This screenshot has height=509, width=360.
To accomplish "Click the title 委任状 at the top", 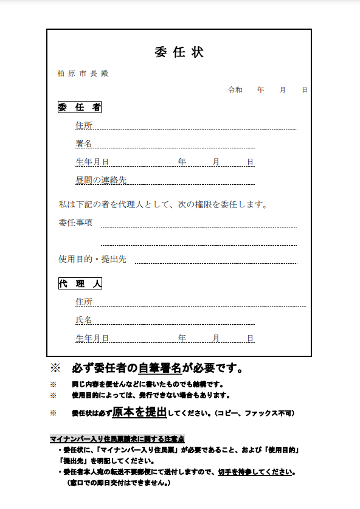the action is [x=179, y=52].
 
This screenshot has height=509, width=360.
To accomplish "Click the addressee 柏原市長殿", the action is [x=83, y=74].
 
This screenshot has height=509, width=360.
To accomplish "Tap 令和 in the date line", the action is [x=235, y=90].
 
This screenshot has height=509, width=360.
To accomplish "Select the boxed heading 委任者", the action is [x=80, y=108].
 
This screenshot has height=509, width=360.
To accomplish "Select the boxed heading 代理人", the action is [x=80, y=284].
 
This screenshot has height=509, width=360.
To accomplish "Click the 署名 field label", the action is [x=84, y=144].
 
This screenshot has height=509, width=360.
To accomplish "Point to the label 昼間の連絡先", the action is [x=101, y=180].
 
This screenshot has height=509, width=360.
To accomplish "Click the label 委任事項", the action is [x=75, y=223].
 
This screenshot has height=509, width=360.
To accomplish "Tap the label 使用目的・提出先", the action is [x=92, y=259].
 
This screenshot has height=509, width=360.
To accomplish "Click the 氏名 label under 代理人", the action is [x=84, y=320].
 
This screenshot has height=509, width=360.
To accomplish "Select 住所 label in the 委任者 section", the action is [x=84, y=126].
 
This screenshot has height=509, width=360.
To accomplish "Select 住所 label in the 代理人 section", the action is [x=84, y=302].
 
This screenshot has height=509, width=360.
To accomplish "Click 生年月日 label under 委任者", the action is [x=92, y=162].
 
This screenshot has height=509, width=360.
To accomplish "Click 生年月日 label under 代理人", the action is [x=92, y=338].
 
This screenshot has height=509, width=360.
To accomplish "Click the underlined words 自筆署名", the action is [x=160, y=368].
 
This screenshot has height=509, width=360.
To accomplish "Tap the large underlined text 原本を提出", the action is [x=139, y=412].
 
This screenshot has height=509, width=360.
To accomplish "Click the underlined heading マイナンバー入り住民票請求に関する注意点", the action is [x=117, y=439].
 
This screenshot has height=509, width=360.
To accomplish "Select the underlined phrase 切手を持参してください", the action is [x=256, y=472].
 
